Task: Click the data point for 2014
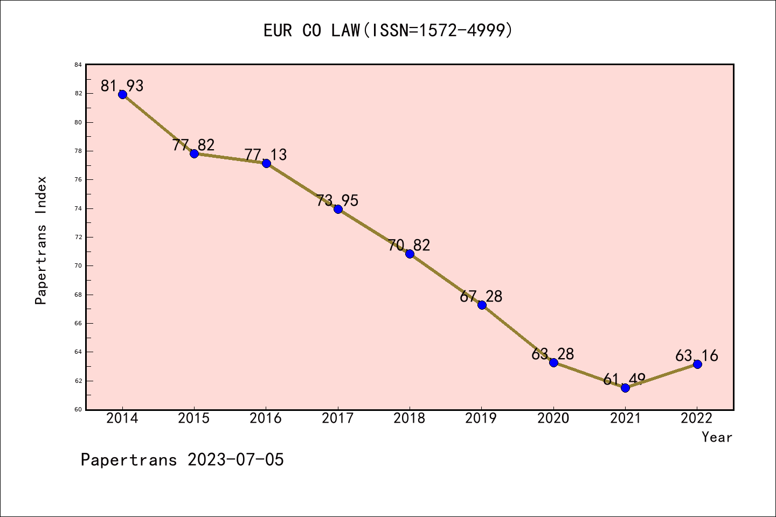(x=122, y=94)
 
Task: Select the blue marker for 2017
(x=338, y=209)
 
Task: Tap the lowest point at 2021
(x=625, y=388)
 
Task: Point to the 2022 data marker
(x=697, y=364)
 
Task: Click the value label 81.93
(x=122, y=86)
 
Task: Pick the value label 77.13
(x=266, y=155)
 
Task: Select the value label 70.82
(x=410, y=245)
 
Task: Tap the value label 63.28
(x=553, y=354)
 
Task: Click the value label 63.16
(x=697, y=355)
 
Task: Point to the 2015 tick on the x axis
(x=194, y=418)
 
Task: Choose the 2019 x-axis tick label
(x=481, y=418)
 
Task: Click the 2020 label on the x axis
(x=553, y=418)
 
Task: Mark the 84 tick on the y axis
(x=79, y=65)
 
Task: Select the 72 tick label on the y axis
(x=79, y=237)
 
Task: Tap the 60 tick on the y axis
(x=79, y=409)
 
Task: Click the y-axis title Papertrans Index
(x=41, y=240)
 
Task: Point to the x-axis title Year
(x=717, y=437)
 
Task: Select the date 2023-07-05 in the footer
(x=235, y=460)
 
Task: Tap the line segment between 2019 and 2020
(x=517, y=334)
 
